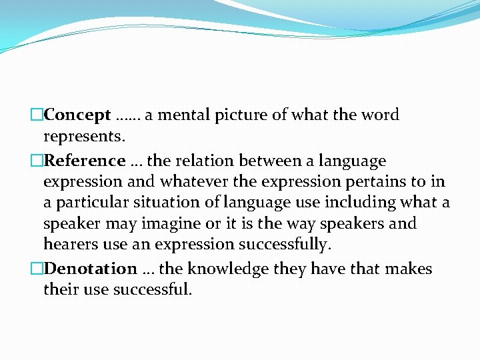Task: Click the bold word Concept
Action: pyautogui.click(x=77, y=115)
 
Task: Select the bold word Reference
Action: pyautogui.click(x=84, y=161)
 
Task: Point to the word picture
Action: pyautogui.click(x=240, y=115)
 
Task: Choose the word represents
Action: pyautogui.click(x=81, y=137)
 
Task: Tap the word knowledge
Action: pyautogui.click(x=229, y=269)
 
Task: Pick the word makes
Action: pyautogui.click(x=411, y=269)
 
